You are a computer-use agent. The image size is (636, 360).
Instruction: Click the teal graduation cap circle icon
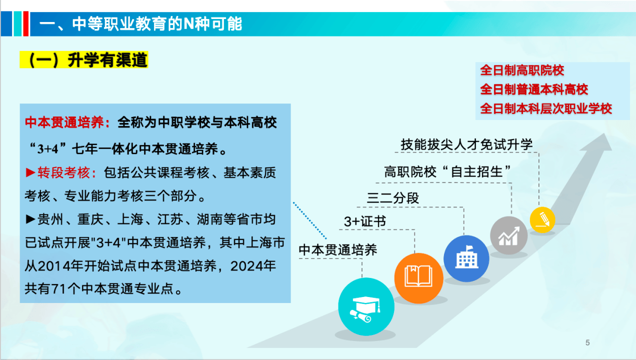point(366,306)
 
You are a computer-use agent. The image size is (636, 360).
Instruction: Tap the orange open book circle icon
point(419,278)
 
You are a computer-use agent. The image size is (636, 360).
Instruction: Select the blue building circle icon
point(466,258)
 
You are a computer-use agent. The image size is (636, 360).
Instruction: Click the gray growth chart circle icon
point(509,235)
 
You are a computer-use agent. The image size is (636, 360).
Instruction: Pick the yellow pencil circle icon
point(542,220)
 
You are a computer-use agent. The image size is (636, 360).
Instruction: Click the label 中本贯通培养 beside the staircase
point(338,250)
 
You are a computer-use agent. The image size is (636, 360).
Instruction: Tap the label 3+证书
point(365,221)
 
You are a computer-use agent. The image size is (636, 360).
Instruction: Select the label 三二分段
point(392,198)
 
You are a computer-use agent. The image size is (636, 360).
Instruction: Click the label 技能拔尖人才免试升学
point(466,145)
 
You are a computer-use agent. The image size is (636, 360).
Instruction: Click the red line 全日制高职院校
point(522,70)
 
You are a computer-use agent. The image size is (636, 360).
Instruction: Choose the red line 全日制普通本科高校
point(534,89)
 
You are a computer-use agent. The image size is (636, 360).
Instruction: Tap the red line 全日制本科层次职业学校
point(545,108)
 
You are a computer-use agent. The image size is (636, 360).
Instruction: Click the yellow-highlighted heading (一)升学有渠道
point(84,60)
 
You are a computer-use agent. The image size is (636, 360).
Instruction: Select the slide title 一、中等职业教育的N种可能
point(140,24)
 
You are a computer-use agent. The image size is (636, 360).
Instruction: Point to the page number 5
point(587,342)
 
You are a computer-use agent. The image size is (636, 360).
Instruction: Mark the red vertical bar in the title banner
point(26,24)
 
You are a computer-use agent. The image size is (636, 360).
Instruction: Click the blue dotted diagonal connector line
point(310,220)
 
